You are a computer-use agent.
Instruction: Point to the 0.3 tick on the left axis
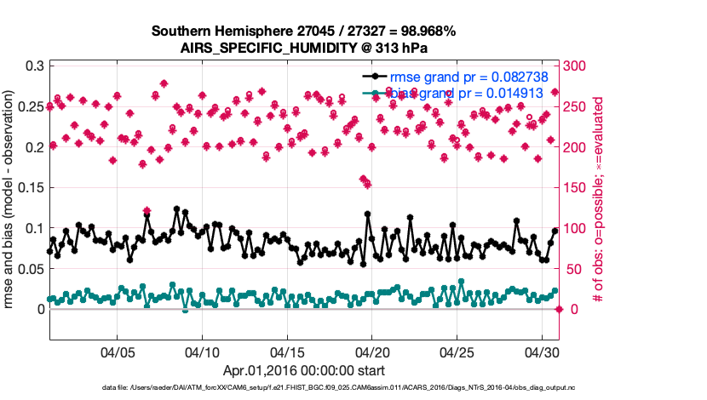pyautogui.click(x=33, y=66)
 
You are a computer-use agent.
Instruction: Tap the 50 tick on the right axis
pyautogui.click(x=572, y=269)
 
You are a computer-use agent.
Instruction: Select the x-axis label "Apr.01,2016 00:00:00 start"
pyautogui.click(x=303, y=370)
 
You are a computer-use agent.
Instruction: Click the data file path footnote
pyautogui.click(x=353, y=388)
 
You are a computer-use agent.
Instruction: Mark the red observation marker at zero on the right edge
pyautogui.click(x=559, y=309)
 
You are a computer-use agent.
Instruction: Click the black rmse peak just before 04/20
pyautogui.click(x=368, y=214)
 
